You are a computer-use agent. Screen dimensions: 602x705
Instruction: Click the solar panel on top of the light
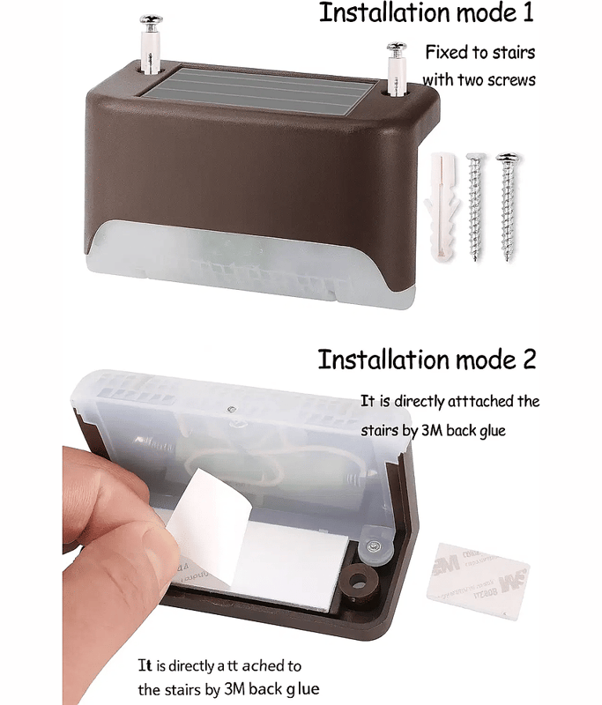click(260, 92)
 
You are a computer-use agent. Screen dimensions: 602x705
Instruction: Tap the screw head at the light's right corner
click(397, 48)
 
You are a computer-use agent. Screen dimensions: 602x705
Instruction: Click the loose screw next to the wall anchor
click(475, 206)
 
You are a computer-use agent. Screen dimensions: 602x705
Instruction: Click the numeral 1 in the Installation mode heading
click(527, 13)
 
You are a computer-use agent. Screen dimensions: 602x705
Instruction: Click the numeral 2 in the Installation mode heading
click(528, 360)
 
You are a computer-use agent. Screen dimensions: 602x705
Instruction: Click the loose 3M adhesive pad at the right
click(478, 581)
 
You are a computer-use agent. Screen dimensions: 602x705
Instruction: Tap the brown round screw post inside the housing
click(359, 583)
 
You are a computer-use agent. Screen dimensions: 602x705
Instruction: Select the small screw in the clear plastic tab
click(372, 546)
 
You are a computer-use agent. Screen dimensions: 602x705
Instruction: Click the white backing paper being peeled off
click(211, 517)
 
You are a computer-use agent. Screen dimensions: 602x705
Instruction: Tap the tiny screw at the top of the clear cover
click(232, 409)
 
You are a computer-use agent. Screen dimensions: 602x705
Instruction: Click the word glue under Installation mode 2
click(493, 431)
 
